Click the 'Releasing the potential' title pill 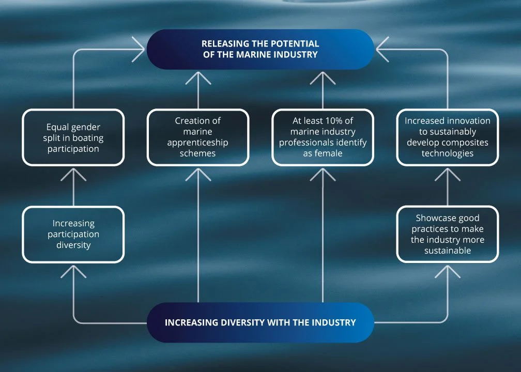[260, 49]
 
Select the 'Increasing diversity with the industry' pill [260, 322]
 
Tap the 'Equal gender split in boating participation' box [73, 137]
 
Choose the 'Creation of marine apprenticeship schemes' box [198, 137]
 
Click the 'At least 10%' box [323, 137]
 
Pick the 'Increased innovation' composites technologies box [448, 137]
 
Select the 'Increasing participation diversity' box [73, 234]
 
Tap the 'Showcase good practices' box [448, 234]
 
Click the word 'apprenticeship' [198, 142]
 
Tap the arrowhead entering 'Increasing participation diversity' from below [73, 273]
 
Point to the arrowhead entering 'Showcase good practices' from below [448, 273]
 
